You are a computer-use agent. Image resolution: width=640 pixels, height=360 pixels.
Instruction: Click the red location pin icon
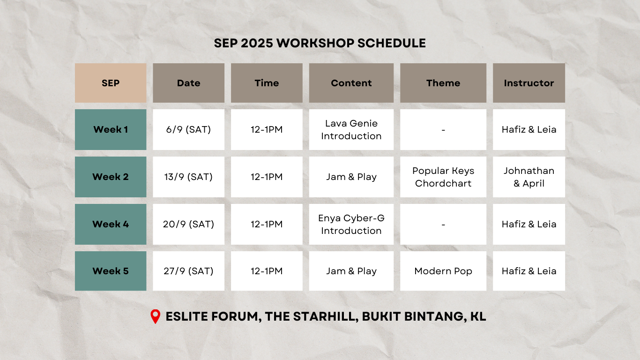pos(155,316)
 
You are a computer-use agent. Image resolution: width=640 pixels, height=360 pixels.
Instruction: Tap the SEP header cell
pos(111,83)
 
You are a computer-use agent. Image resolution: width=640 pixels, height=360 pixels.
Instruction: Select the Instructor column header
pos(529,83)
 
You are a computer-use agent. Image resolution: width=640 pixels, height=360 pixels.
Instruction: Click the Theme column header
pos(443,83)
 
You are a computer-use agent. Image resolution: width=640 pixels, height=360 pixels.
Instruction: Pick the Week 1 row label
pos(111,129)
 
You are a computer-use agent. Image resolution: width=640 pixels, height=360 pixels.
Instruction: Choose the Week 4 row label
pos(111,224)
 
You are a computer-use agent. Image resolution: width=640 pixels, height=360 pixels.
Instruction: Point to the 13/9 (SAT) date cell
pos(188,177)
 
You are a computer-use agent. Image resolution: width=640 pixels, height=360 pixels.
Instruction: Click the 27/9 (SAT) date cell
pos(188,271)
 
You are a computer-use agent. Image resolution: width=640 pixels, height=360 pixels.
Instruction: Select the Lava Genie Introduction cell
pos(351,129)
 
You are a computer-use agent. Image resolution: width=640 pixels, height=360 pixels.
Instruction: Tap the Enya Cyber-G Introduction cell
pos(351,224)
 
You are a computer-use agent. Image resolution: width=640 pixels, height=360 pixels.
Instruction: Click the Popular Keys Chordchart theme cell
pos(443,177)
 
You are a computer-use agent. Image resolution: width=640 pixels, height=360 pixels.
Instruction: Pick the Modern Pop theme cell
pos(443,271)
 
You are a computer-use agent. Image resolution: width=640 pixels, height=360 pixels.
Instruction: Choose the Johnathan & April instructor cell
pos(529,177)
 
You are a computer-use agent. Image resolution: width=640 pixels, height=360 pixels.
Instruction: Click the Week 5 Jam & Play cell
pos(351,271)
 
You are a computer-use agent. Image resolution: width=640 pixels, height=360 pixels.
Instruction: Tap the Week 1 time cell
pos(267,129)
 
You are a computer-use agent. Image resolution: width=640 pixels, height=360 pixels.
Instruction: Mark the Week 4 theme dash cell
pos(443,224)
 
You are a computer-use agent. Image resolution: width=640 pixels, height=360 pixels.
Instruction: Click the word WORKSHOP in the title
pos(315,43)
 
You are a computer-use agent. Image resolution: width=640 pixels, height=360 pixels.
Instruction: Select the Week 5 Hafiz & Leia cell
pos(529,271)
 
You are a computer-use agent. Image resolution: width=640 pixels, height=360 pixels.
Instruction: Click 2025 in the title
pos(257,43)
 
